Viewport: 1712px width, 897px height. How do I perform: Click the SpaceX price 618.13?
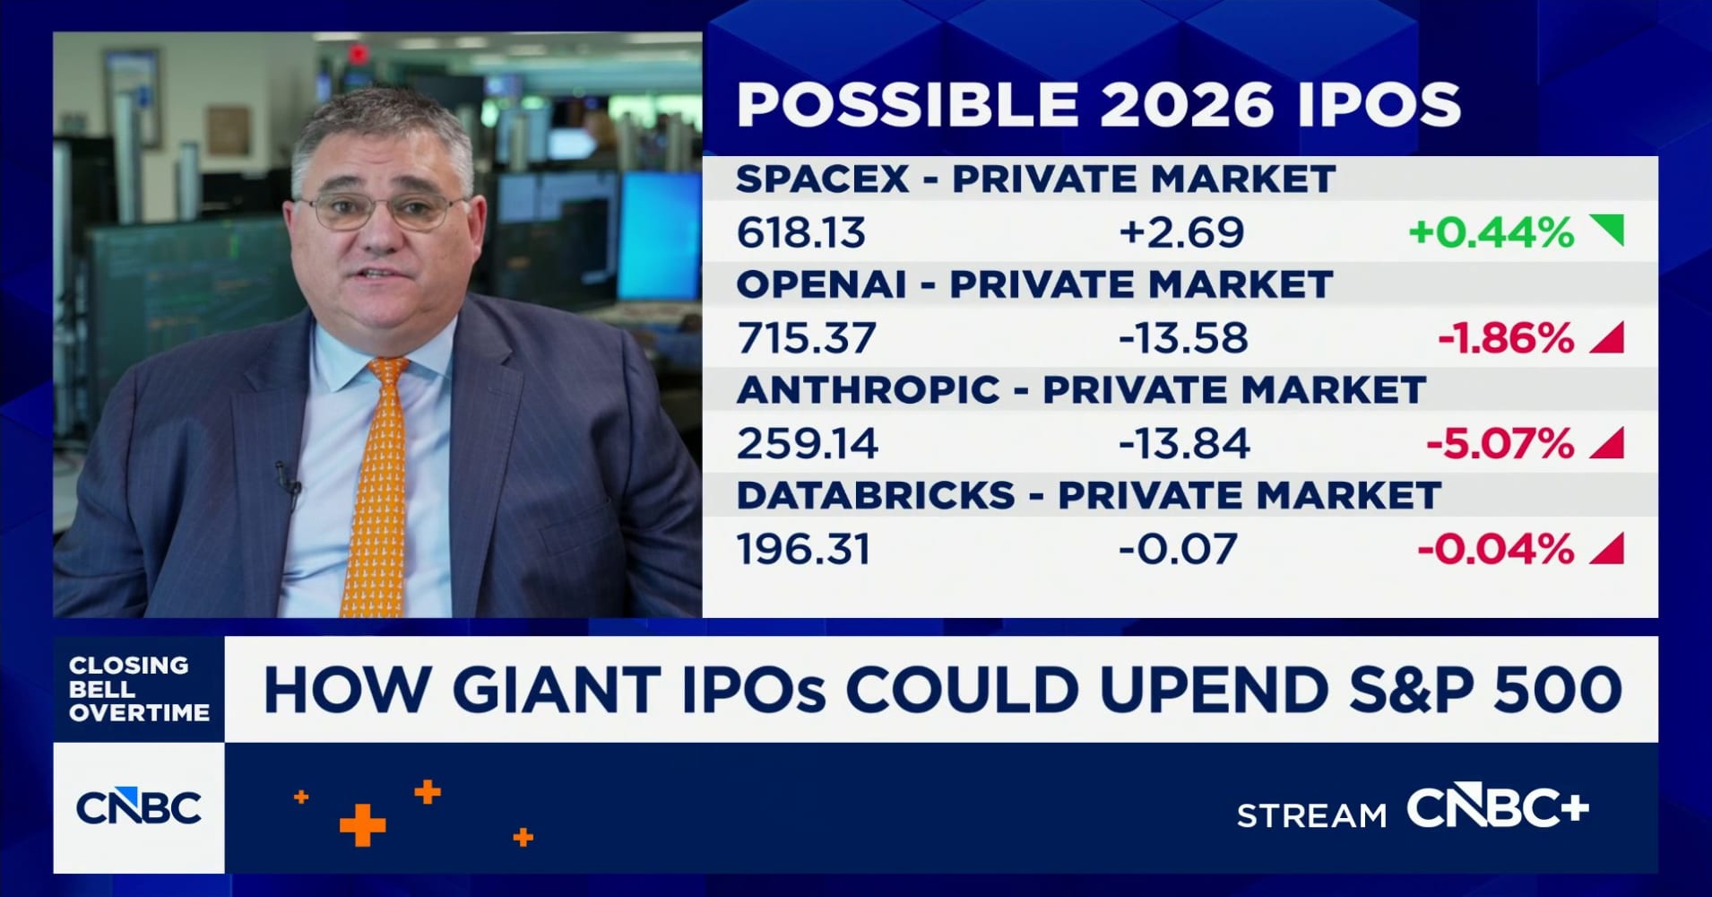[800, 233]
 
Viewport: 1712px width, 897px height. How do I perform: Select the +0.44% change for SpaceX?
[1491, 233]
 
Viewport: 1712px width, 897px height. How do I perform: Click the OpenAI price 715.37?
[805, 339]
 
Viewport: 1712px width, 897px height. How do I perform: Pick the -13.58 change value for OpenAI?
[1182, 339]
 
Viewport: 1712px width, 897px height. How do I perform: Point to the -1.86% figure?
[1505, 339]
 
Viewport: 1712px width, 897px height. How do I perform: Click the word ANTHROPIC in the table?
[868, 390]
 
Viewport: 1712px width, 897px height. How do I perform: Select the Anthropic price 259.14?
[807, 444]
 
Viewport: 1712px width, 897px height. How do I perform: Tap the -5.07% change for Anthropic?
[1500, 444]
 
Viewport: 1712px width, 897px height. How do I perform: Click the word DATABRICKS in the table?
[876, 496]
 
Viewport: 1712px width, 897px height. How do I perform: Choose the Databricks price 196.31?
[803, 550]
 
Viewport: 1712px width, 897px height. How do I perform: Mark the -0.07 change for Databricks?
[1177, 550]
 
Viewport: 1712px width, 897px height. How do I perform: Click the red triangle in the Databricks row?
[1608, 549]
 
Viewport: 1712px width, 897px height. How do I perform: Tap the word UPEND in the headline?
[1215, 690]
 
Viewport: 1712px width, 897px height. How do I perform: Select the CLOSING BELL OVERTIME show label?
[138, 689]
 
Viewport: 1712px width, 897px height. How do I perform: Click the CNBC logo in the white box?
[139, 808]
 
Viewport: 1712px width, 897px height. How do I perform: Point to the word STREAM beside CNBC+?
[1310, 815]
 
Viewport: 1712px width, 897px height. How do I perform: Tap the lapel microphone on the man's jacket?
[289, 482]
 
